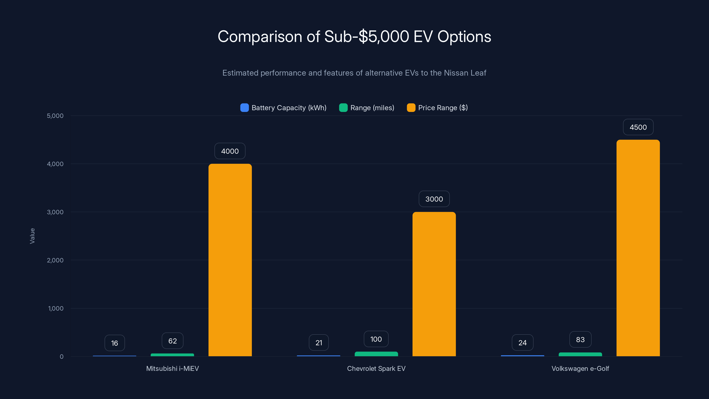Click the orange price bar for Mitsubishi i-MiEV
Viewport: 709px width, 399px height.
point(230,260)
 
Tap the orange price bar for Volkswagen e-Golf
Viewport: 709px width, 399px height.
point(638,248)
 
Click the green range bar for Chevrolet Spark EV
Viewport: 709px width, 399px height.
point(376,354)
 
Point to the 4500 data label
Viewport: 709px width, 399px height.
point(638,127)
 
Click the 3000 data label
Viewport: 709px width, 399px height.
point(434,199)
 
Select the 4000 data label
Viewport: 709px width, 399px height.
point(230,151)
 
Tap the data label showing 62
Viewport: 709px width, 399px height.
point(173,341)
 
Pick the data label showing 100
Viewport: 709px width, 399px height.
point(376,339)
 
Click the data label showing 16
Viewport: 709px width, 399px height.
point(115,343)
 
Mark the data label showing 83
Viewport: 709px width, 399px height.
point(580,340)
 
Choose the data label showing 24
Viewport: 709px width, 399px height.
point(522,343)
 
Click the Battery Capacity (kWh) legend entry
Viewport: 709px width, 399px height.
point(284,108)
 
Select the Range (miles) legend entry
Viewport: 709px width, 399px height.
point(367,108)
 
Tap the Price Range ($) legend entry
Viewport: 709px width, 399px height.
point(438,108)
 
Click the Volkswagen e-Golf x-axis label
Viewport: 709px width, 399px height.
point(580,368)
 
